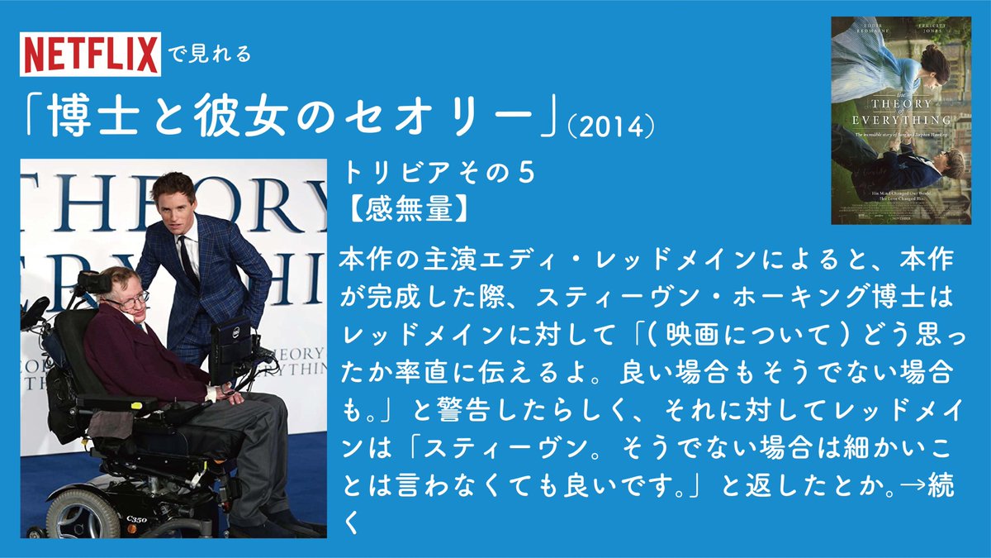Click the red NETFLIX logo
point(90,55)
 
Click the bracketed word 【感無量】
point(405,208)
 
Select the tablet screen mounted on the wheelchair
point(229,338)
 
